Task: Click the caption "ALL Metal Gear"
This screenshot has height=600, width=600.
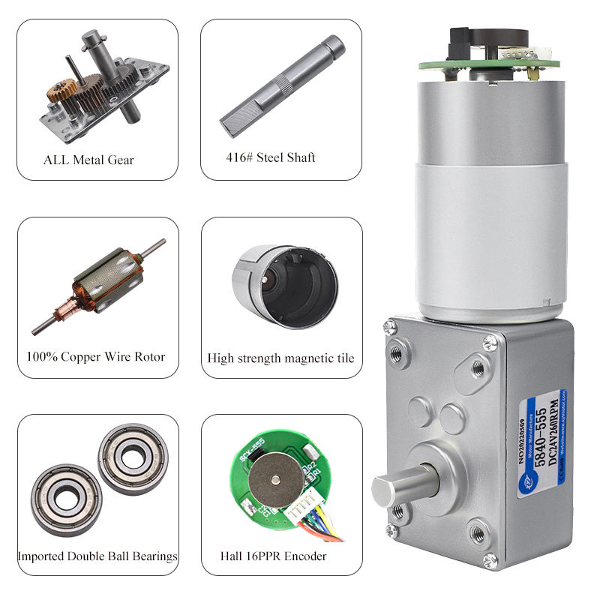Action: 89,159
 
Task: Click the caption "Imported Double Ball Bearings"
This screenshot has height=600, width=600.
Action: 98,556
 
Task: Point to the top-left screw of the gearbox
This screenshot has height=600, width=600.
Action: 389,328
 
